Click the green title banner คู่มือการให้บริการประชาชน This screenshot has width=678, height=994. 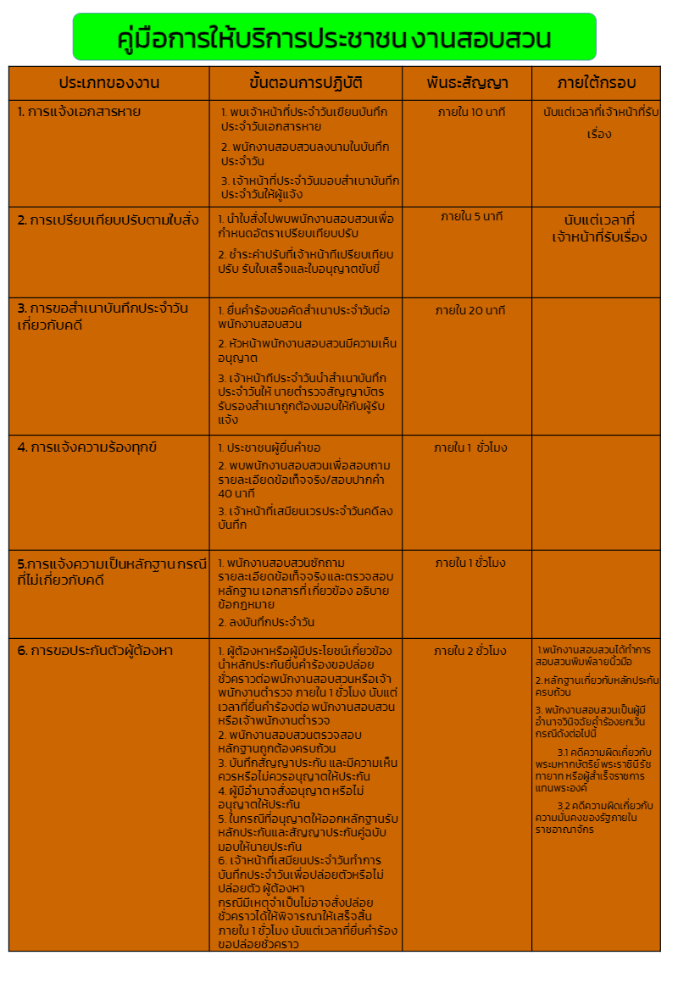[x=334, y=38]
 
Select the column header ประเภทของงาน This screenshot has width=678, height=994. [x=109, y=83]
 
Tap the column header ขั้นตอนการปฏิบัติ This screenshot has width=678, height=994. [x=306, y=83]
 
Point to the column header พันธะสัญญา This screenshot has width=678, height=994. [x=467, y=83]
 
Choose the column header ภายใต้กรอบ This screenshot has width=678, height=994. [x=596, y=83]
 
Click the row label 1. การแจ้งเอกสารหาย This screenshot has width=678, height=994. [x=79, y=112]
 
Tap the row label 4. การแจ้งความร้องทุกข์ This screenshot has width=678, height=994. [x=87, y=447]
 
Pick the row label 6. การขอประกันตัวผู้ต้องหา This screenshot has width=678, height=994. [x=95, y=651]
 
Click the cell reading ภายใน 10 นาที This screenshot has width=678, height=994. [x=471, y=113]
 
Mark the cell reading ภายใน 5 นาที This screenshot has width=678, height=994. [x=472, y=216]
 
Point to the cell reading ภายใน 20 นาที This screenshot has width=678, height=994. [x=470, y=311]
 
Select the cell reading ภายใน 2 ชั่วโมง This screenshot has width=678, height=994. [x=470, y=651]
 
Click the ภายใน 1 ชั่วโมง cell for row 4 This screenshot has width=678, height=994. [x=470, y=447]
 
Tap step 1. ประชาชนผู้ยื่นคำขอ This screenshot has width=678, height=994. [x=270, y=447]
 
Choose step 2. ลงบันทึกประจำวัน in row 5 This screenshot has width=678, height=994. [x=266, y=622]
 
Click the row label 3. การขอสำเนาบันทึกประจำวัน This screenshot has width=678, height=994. [x=103, y=314]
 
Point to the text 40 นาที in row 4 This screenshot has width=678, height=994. [x=236, y=493]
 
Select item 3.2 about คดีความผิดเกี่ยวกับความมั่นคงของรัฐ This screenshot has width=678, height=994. [x=596, y=817]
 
